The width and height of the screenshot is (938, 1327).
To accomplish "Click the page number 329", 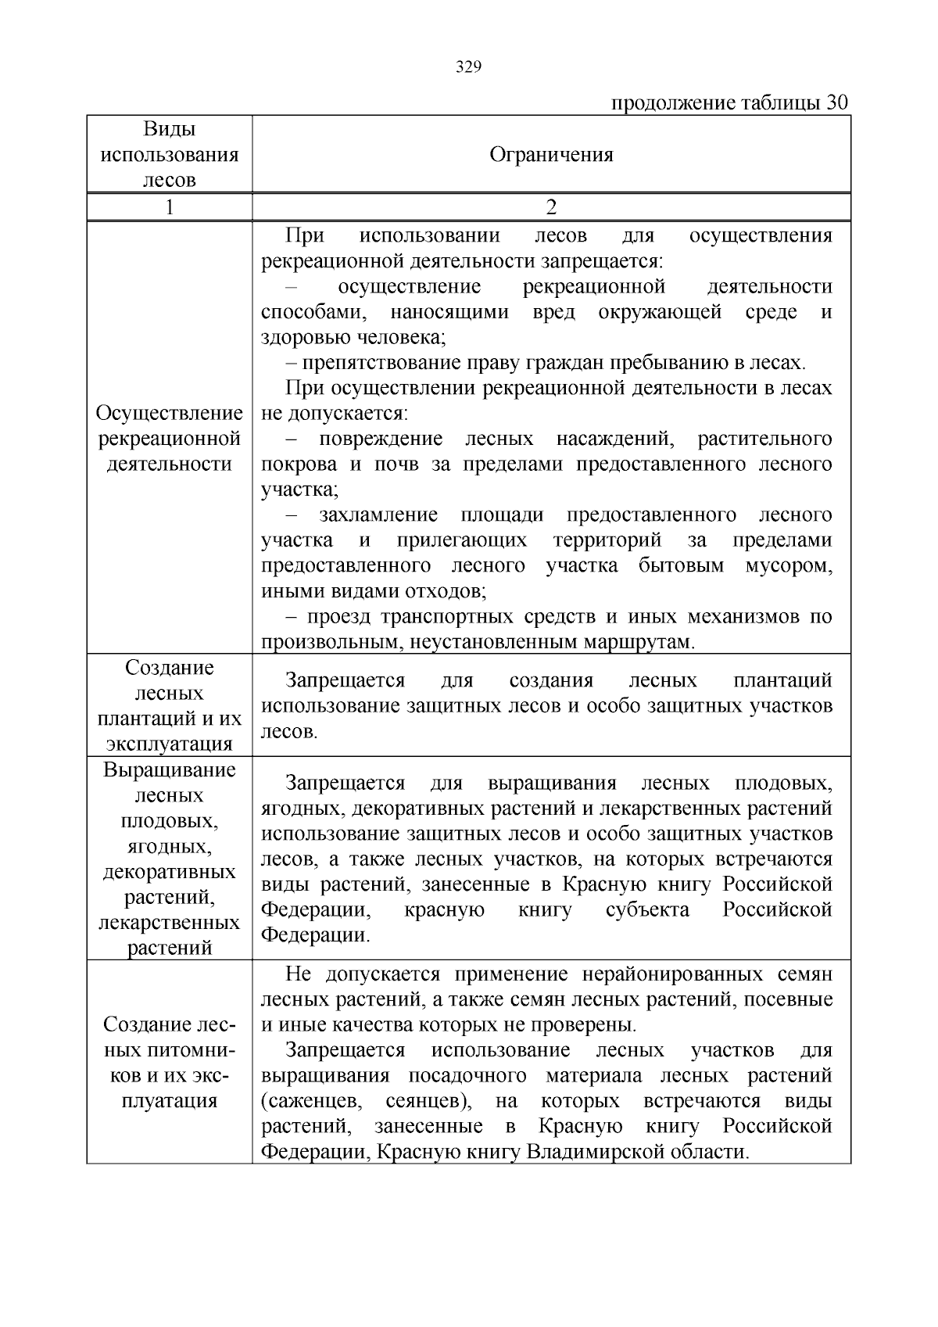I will click(468, 67).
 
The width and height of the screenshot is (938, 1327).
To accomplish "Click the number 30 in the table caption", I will click(836, 103).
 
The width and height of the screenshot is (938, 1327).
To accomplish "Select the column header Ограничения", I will click(551, 155).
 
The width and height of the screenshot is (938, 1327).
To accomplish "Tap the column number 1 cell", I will click(169, 207).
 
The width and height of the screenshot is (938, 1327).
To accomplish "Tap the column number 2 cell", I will click(551, 207).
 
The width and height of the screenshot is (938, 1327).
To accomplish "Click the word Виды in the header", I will click(169, 129).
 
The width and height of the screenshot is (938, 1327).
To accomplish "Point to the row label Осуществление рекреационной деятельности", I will click(169, 439).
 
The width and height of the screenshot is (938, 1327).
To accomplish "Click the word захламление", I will click(378, 515).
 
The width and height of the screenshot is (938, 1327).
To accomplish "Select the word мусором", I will click(789, 566).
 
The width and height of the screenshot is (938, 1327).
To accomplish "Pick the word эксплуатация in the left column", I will click(169, 744).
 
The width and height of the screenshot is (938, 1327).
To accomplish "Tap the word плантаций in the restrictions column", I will click(782, 680).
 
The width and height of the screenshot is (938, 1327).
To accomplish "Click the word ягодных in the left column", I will click(169, 846).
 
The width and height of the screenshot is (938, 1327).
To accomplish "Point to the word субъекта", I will click(647, 910).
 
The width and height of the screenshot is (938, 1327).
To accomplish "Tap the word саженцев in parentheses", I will click(312, 1102).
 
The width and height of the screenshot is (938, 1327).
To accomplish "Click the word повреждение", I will click(380, 439).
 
